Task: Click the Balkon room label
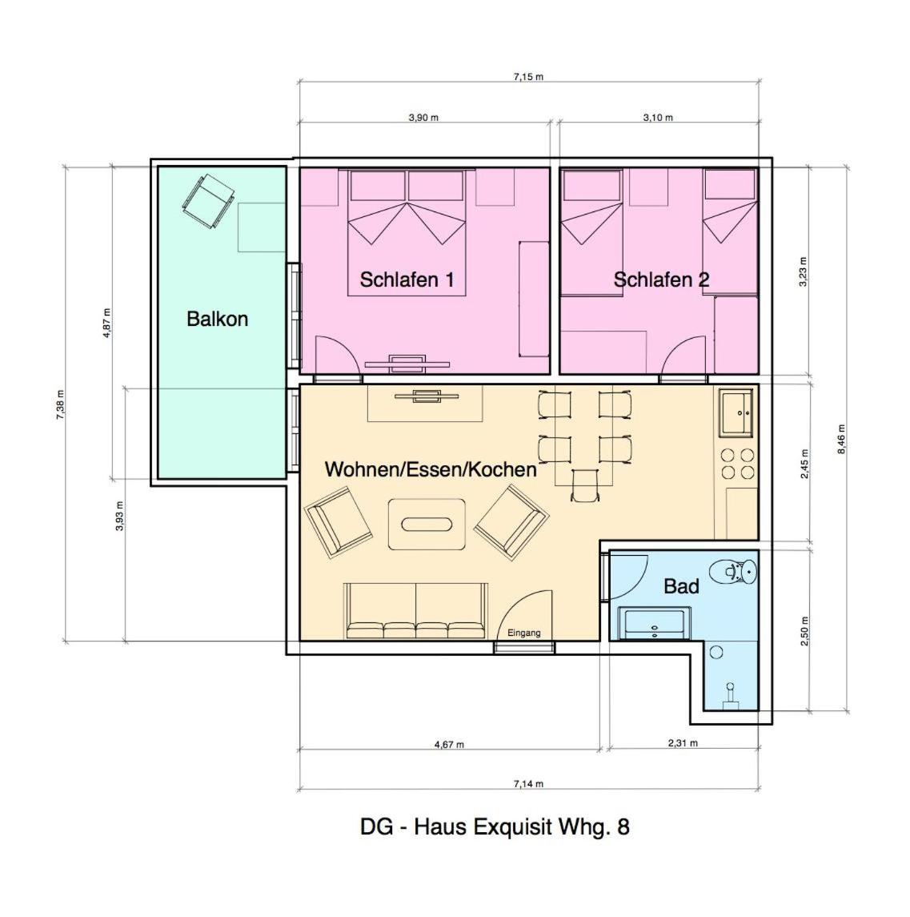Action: coord(218,319)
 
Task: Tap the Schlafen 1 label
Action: coord(407,280)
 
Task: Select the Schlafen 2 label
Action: coord(661,280)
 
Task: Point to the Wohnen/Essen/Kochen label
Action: coord(431,469)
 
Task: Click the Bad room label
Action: coord(681,586)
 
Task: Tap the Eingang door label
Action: coord(523,633)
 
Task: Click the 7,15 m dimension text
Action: coord(528,77)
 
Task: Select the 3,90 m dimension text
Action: coord(423,118)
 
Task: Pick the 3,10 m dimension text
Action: coord(658,118)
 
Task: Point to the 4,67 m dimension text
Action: coord(449,745)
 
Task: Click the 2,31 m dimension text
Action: coord(683,743)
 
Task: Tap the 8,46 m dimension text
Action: coord(841,439)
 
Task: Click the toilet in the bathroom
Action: coord(733,571)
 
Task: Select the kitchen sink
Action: coord(736,413)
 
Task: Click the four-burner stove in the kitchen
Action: coord(738,464)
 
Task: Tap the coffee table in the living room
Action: coord(427,524)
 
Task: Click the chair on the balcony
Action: coord(208,200)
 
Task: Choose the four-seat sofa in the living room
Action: coord(415,610)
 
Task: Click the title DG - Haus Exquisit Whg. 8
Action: coord(495,827)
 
